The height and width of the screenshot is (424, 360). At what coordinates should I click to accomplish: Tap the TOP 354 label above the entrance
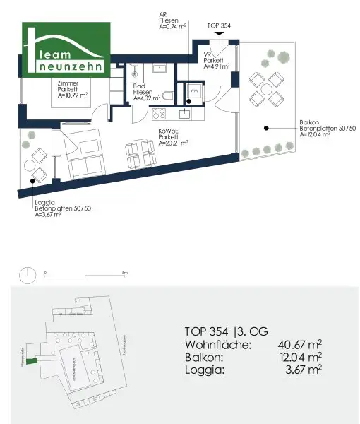coord(220,25)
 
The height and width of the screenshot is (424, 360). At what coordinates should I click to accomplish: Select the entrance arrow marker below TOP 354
coord(220,39)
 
